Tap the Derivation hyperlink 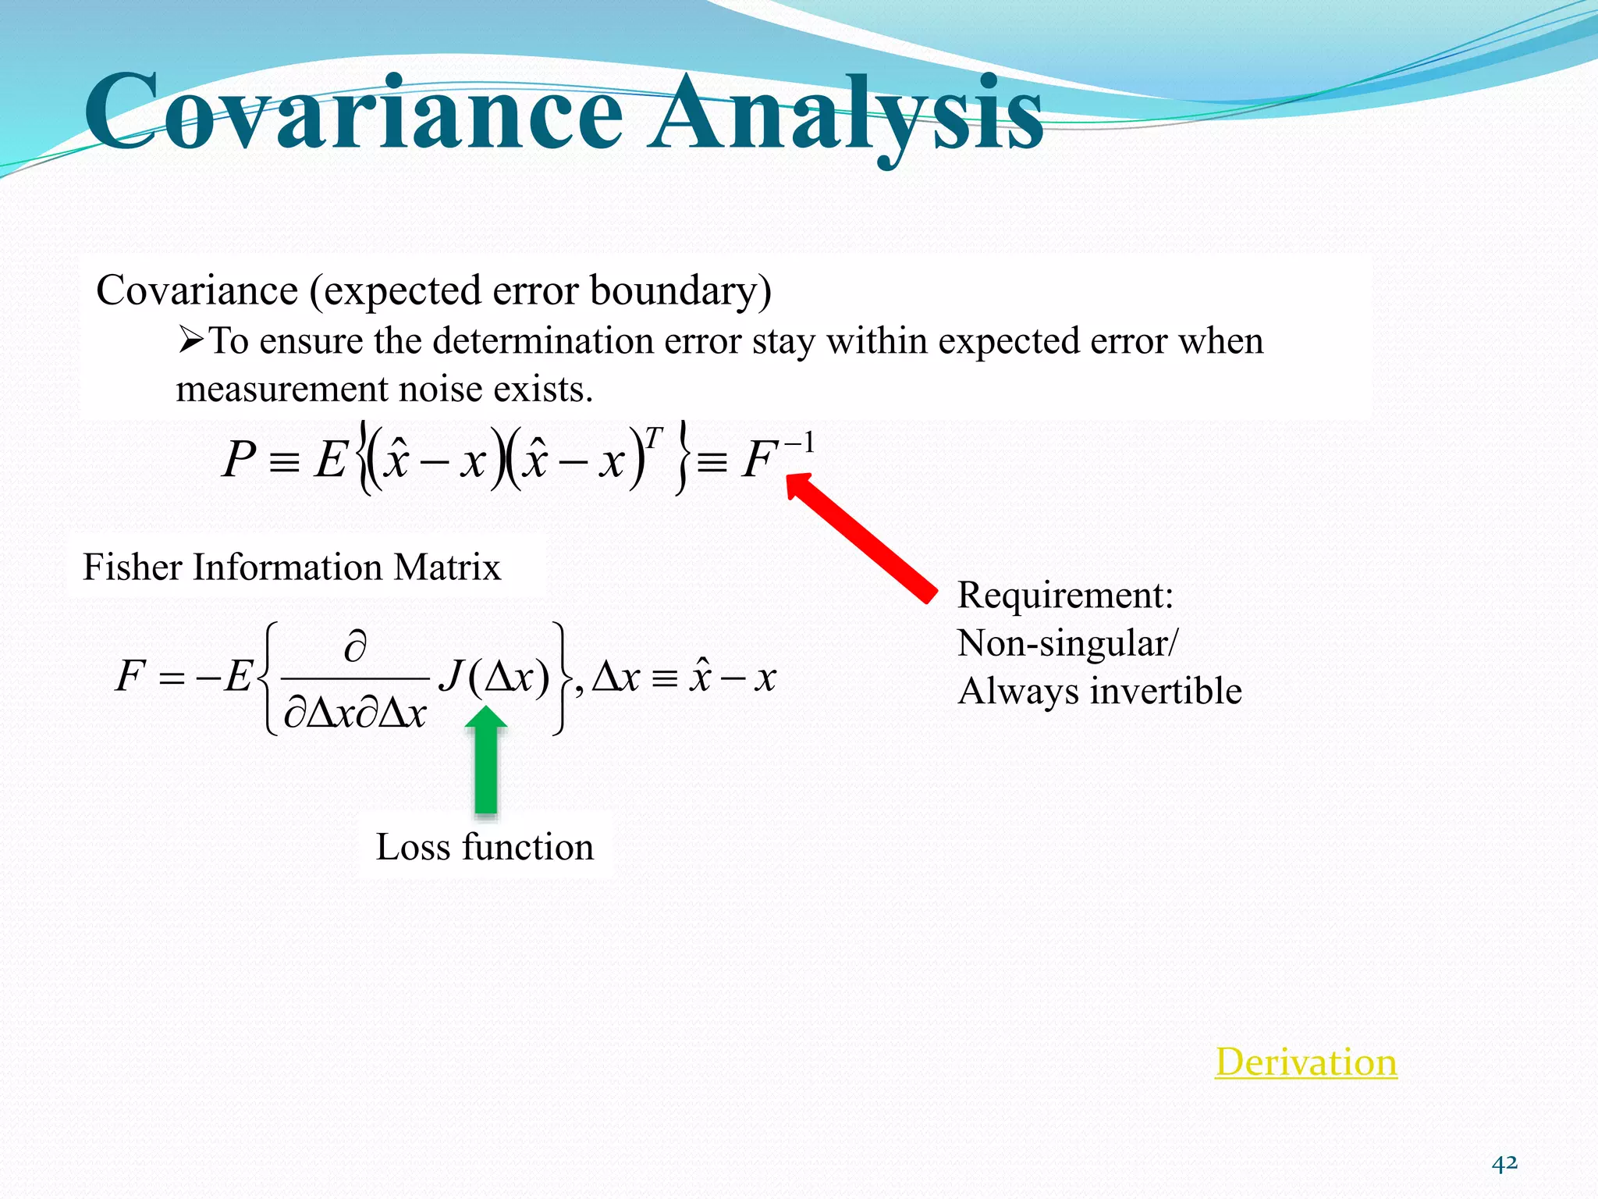[x=1305, y=1062]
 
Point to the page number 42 [x=1504, y=1164]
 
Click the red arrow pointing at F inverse [x=862, y=539]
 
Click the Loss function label [x=485, y=847]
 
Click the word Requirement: [x=1065, y=596]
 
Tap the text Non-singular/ [x=1067, y=644]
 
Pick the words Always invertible [x=1099, y=692]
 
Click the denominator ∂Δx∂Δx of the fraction [x=355, y=713]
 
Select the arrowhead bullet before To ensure [x=190, y=340]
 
